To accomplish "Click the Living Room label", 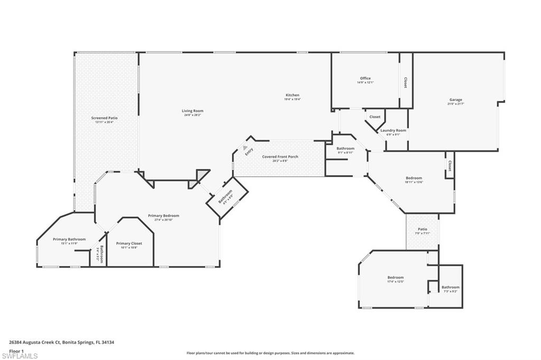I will coord(192,111).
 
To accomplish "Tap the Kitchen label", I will coord(292,96).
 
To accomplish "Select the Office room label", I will coord(365,79).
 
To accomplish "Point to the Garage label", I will coord(455,100).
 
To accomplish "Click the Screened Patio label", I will coord(105,118).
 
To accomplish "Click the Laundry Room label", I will coord(393,130).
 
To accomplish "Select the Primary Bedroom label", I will coord(163,215).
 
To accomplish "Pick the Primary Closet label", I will coord(129,243).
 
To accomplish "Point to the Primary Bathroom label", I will coord(69,239).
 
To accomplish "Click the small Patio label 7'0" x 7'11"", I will coord(422,229).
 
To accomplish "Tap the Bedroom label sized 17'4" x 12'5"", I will coord(395,278).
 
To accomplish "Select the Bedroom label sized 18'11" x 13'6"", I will coord(414,178).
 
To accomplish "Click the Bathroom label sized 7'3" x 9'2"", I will coord(451,287).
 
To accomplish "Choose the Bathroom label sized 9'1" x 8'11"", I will coord(346,149).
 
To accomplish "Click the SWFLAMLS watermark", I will coord(20,355).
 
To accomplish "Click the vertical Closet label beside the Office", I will coord(405,83).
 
